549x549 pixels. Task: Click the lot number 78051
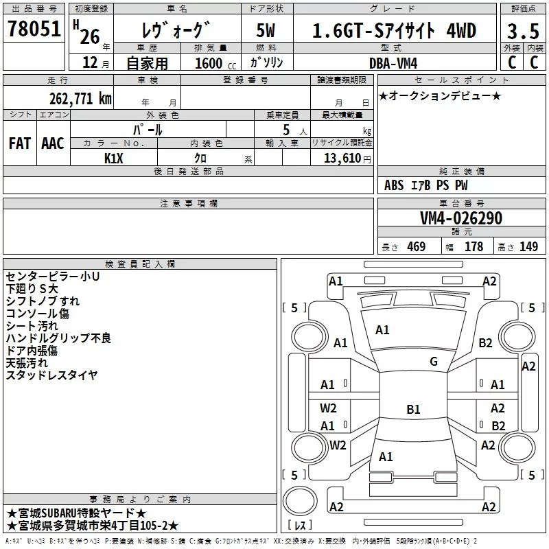pyautogui.click(x=34, y=29)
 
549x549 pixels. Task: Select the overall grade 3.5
pyautogui.click(x=523, y=32)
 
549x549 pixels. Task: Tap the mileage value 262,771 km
pyautogui.click(x=80, y=99)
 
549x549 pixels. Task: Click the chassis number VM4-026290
pyautogui.click(x=461, y=218)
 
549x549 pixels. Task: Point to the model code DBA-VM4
pyautogui.click(x=393, y=63)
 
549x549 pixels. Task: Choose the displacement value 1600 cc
pyautogui.click(x=215, y=64)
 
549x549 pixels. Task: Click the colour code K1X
pyautogui.click(x=114, y=159)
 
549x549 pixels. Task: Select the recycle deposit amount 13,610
pyautogui.click(x=342, y=159)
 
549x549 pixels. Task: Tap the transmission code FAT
pyautogui.click(x=20, y=143)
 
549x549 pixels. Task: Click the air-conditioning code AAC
pyautogui.click(x=53, y=143)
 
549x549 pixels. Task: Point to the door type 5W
pyautogui.click(x=266, y=30)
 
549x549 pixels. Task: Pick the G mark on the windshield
pyautogui.click(x=434, y=361)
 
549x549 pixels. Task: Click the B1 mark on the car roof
pyautogui.click(x=413, y=409)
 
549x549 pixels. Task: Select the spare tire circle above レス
pyautogui.click(x=300, y=501)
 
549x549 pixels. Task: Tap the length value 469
pyautogui.click(x=417, y=247)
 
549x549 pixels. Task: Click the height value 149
pyautogui.click(x=528, y=247)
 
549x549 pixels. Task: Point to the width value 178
pyautogui.click(x=474, y=247)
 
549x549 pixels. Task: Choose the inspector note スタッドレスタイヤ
pyautogui.click(x=52, y=375)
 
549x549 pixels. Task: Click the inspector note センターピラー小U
pyautogui.click(x=53, y=277)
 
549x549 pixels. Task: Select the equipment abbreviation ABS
pyautogui.click(x=394, y=185)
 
